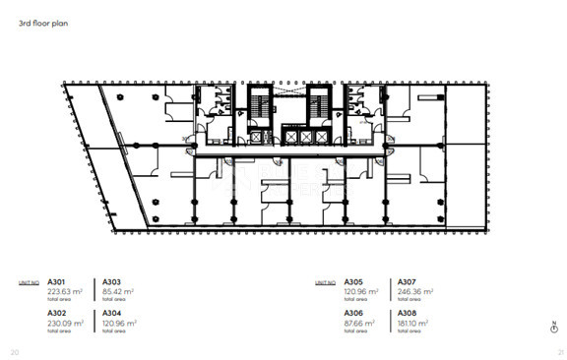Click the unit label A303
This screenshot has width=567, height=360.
point(112,281)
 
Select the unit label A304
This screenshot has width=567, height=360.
point(112,313)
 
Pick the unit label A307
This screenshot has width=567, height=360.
point(407,281)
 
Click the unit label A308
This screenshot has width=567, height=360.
point(407,313)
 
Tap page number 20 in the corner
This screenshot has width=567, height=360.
point(14,351)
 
